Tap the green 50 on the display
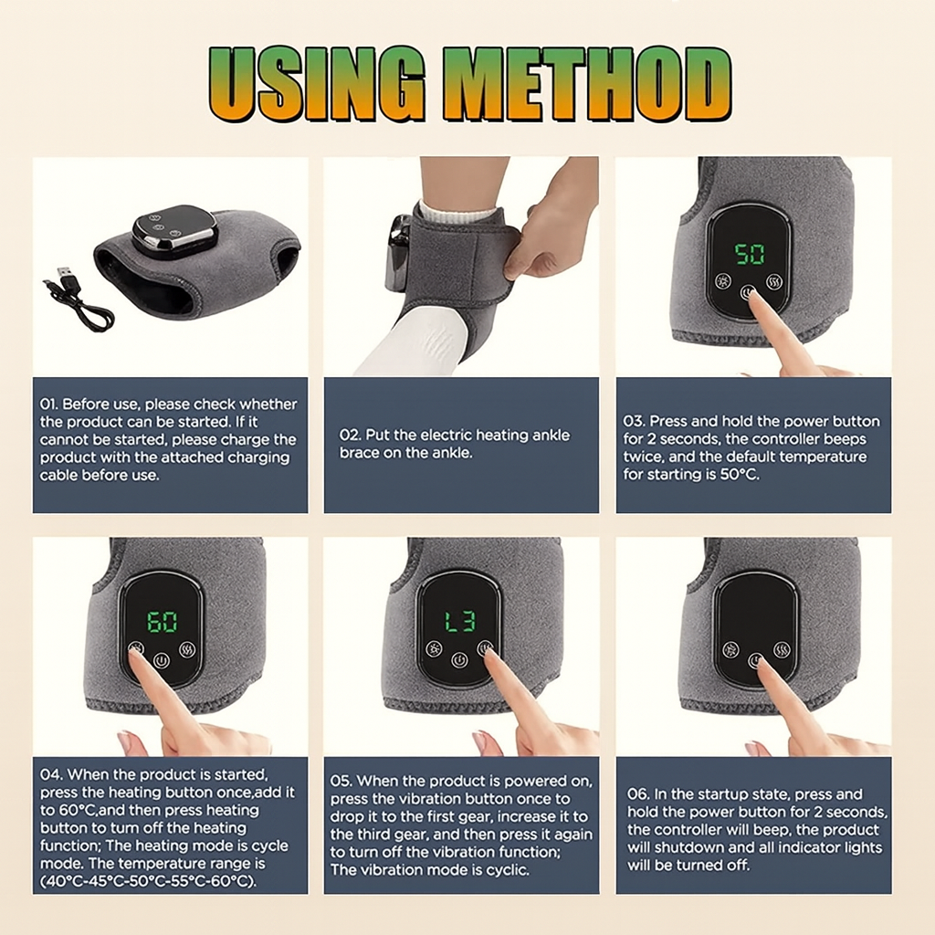tap(750, 254)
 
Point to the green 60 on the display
tap(162, 621)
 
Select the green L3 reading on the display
tap(460, 621)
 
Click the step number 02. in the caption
tap(350, 436)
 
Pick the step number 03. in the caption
tap(634, 421)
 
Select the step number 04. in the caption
tap(51, 774)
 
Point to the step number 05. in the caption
tap(341, 782)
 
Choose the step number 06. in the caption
tap(638, 794)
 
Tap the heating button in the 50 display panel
tap(774, 281)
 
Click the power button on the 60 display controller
tap(162, 661)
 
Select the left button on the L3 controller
tap(434, 649)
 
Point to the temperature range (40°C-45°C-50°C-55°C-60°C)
tap(149, 881)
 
